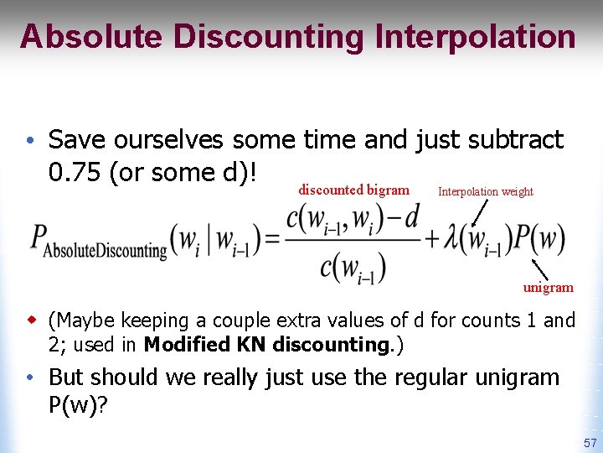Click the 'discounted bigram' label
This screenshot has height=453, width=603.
coord(353,190)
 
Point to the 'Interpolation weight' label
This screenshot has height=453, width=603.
coord(485,191)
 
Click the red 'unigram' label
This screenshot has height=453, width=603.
coord(549,288)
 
